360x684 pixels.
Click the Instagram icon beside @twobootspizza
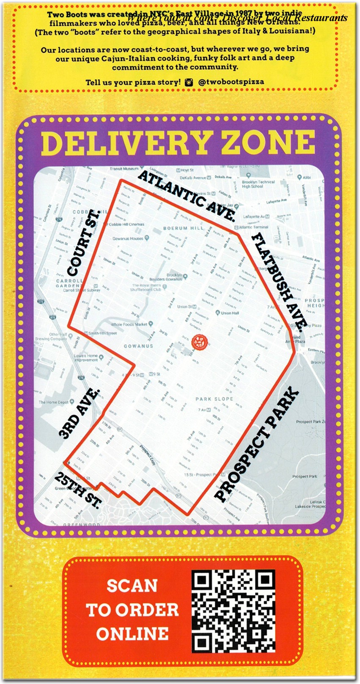pyautogui.click(x=189, y=82)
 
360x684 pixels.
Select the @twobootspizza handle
pyautogui.click(x=231, y=82)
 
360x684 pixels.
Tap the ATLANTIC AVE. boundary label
pyautogui.click(x=187, y=196)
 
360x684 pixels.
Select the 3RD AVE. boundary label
pyautogui.click(x=79, y=414)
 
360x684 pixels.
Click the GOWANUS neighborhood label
pyautogui.click(x=138, y=346)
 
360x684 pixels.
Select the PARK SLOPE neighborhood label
pyautogui.click(x=214, y=399)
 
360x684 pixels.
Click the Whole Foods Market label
pyautogui.click(x=129, y=324)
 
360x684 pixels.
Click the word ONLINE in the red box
pyautogui.click(x=132, y=634)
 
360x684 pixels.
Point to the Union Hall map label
pyautogui.click(x=230, y=313)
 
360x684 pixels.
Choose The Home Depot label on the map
pyautogui.click(x=54, y=402)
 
